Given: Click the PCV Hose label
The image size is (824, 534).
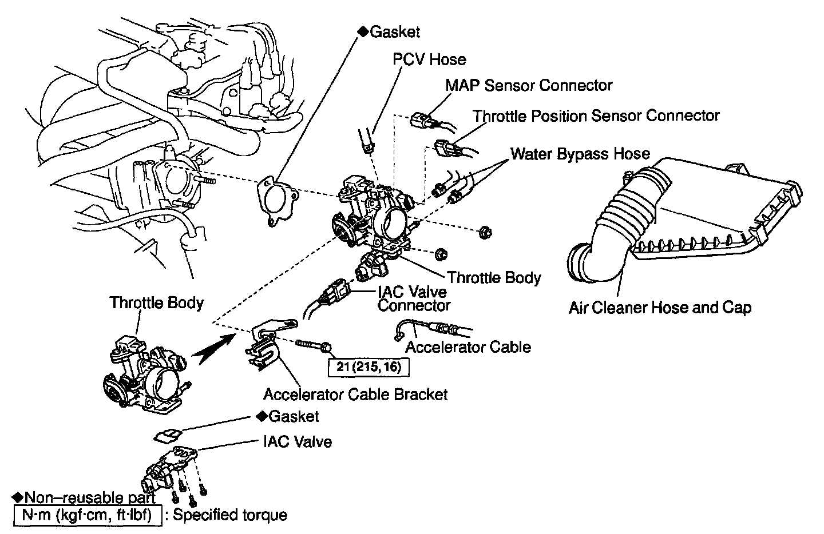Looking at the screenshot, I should click(x=429, y=59).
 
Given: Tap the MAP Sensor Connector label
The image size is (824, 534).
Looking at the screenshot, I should click(x=529, y=86).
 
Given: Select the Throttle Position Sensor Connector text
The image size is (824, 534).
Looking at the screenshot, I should click(x=596, y=116).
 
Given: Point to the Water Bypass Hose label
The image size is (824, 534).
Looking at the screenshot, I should click(x=580, y=154).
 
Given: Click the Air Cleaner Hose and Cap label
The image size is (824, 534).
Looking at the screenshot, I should click(x=660, y=308).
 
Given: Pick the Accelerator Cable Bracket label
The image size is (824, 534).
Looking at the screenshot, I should click(x=355, y=394).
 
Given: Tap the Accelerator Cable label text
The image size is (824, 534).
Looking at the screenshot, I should click(x=468, y=347).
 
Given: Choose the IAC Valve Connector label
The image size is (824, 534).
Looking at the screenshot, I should click(x=413, y=298).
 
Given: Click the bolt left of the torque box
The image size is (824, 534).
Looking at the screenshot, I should click(x=312, y=345).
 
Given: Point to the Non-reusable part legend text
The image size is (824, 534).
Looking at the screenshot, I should click(x=84, y=496).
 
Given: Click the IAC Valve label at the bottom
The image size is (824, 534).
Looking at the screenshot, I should click(x=297, y=441).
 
